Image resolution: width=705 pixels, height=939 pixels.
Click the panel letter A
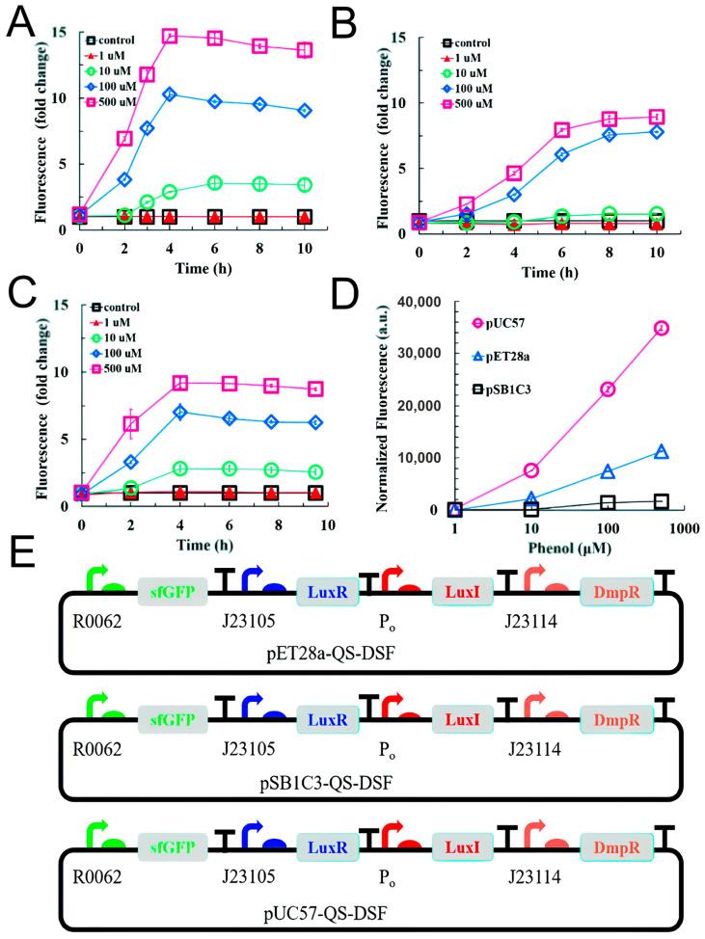(x=21, y=21)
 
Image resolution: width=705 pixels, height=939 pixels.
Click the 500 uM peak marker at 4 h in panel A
(x=171, y=37)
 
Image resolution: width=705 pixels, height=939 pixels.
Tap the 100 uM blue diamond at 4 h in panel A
(x=171, y=94)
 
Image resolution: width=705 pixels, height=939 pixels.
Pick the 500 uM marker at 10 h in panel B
(x=658, y=118)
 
